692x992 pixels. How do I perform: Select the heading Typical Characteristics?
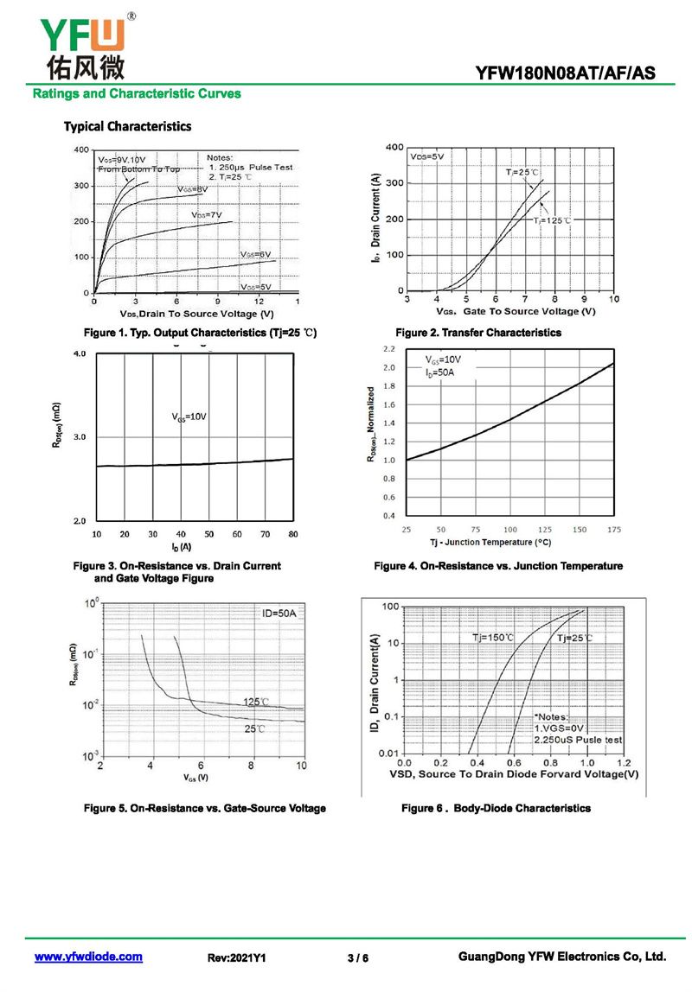[127, 126]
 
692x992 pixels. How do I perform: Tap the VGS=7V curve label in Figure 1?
[207, 214]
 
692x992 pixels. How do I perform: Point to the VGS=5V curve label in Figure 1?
[256, 286]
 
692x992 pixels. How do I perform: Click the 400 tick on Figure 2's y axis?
[394, 148]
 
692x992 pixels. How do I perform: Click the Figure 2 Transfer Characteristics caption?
[477, 333]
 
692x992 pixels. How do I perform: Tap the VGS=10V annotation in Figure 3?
[189, 417]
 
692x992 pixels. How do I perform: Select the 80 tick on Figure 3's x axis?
[293, 535]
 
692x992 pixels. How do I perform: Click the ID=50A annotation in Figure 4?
[440, 372]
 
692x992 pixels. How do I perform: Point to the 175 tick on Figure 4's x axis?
[614, 529]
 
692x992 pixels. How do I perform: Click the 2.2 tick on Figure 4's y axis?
[388, 349]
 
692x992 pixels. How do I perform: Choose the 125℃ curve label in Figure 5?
[255, 702]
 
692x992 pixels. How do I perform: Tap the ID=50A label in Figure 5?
[279, 614]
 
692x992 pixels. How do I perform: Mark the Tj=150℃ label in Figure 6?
[492, 638]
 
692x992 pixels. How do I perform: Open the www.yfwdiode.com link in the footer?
[88, 957]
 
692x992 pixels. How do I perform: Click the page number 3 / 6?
[357, 957]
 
